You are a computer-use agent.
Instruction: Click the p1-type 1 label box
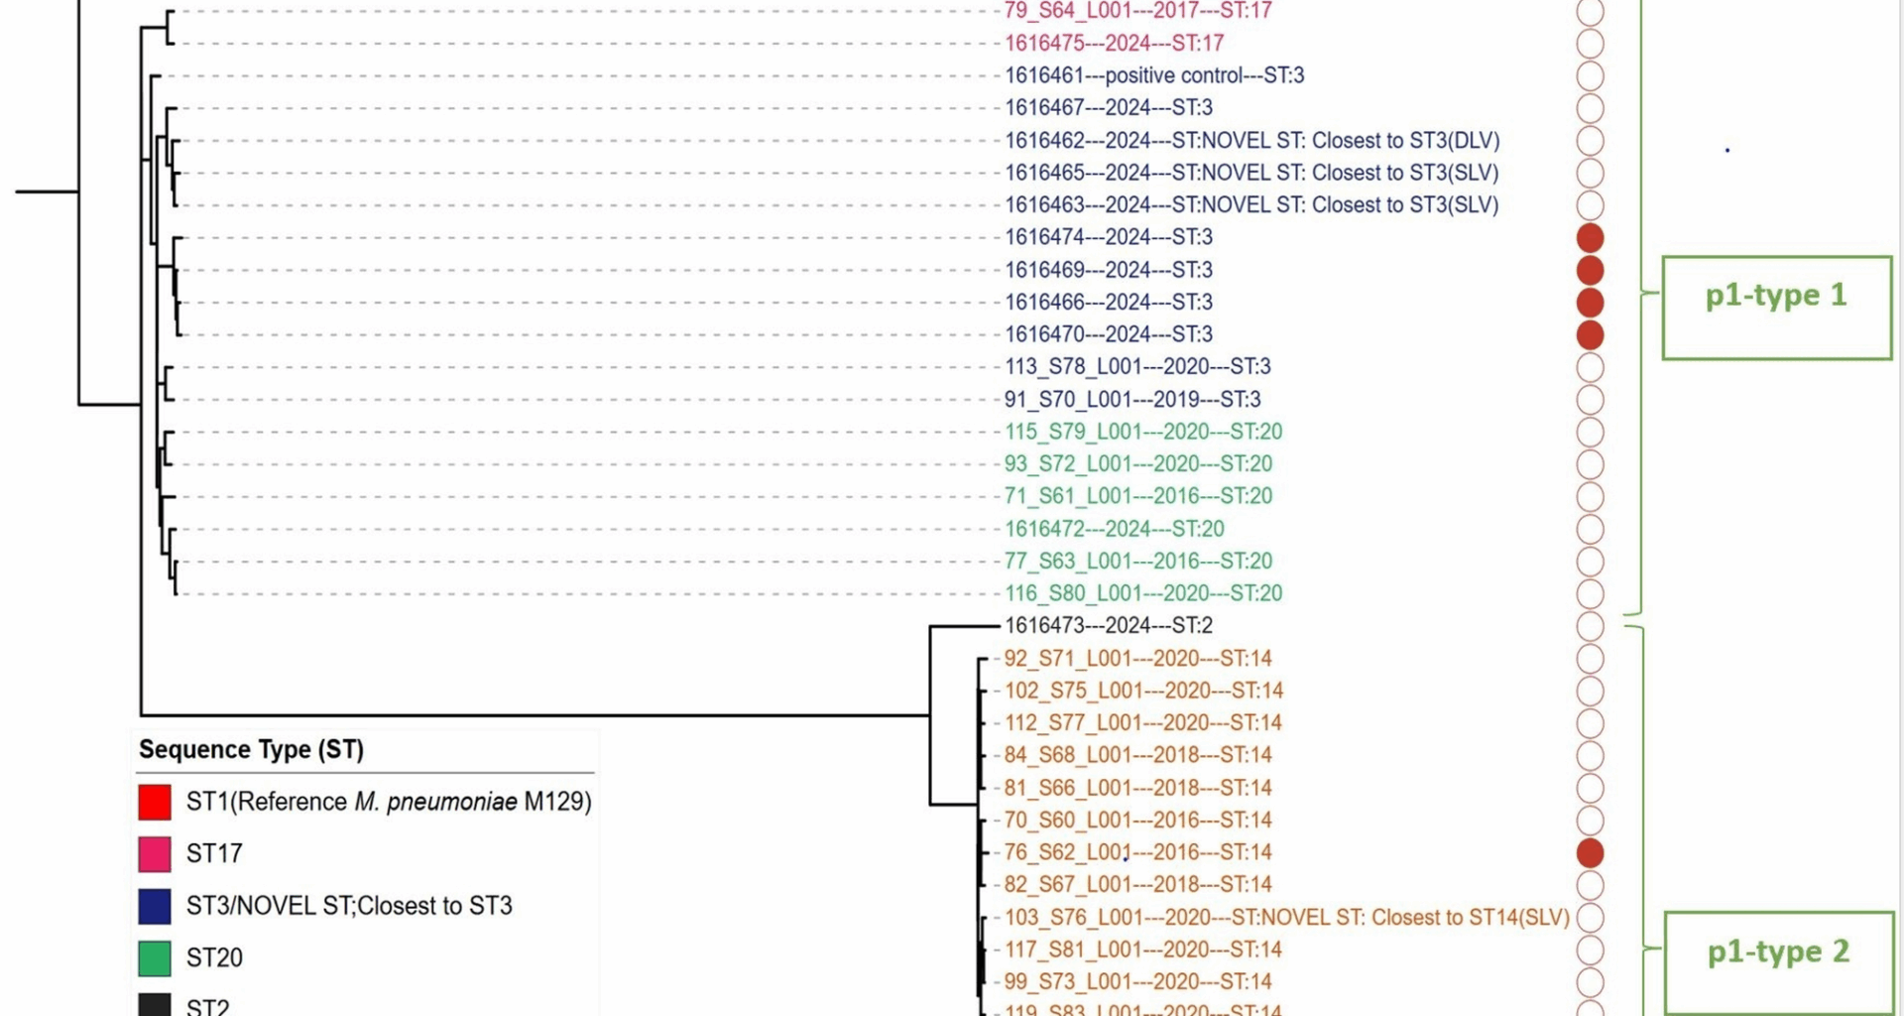click(1776, 307)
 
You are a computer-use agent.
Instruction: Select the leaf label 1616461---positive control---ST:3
click(1154, 75)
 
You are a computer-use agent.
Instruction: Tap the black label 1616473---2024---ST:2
click(1108, 625)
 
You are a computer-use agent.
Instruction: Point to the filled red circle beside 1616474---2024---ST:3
click(1590, 237)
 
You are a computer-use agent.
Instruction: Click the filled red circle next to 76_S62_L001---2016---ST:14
click(1590, 852)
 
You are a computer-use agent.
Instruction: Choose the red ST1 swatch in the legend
click(155, 802)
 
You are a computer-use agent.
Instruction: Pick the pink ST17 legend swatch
click(155, 853)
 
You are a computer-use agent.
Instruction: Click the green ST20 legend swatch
click(155, 958)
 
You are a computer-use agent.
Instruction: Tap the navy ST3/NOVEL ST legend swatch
click(155, 906)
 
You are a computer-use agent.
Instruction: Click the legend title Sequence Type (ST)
click(251, 749)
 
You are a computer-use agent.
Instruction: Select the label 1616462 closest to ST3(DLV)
click(1251, 140)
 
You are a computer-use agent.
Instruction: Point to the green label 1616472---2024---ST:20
click(1114, 529)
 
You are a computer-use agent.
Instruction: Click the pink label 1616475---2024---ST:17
click(1114, 44)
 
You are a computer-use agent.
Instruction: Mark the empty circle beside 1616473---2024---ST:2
click(1590, 626)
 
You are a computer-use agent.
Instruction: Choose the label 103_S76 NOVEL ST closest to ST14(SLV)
click(1286, 917)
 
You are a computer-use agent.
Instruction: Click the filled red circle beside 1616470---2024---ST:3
click(1590, 334)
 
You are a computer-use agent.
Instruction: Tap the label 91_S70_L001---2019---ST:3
click(1132, 399)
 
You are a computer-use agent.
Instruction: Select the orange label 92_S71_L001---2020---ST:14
click(1137, 658)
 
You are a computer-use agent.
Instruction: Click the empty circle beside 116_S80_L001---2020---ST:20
click(1590, 593)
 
